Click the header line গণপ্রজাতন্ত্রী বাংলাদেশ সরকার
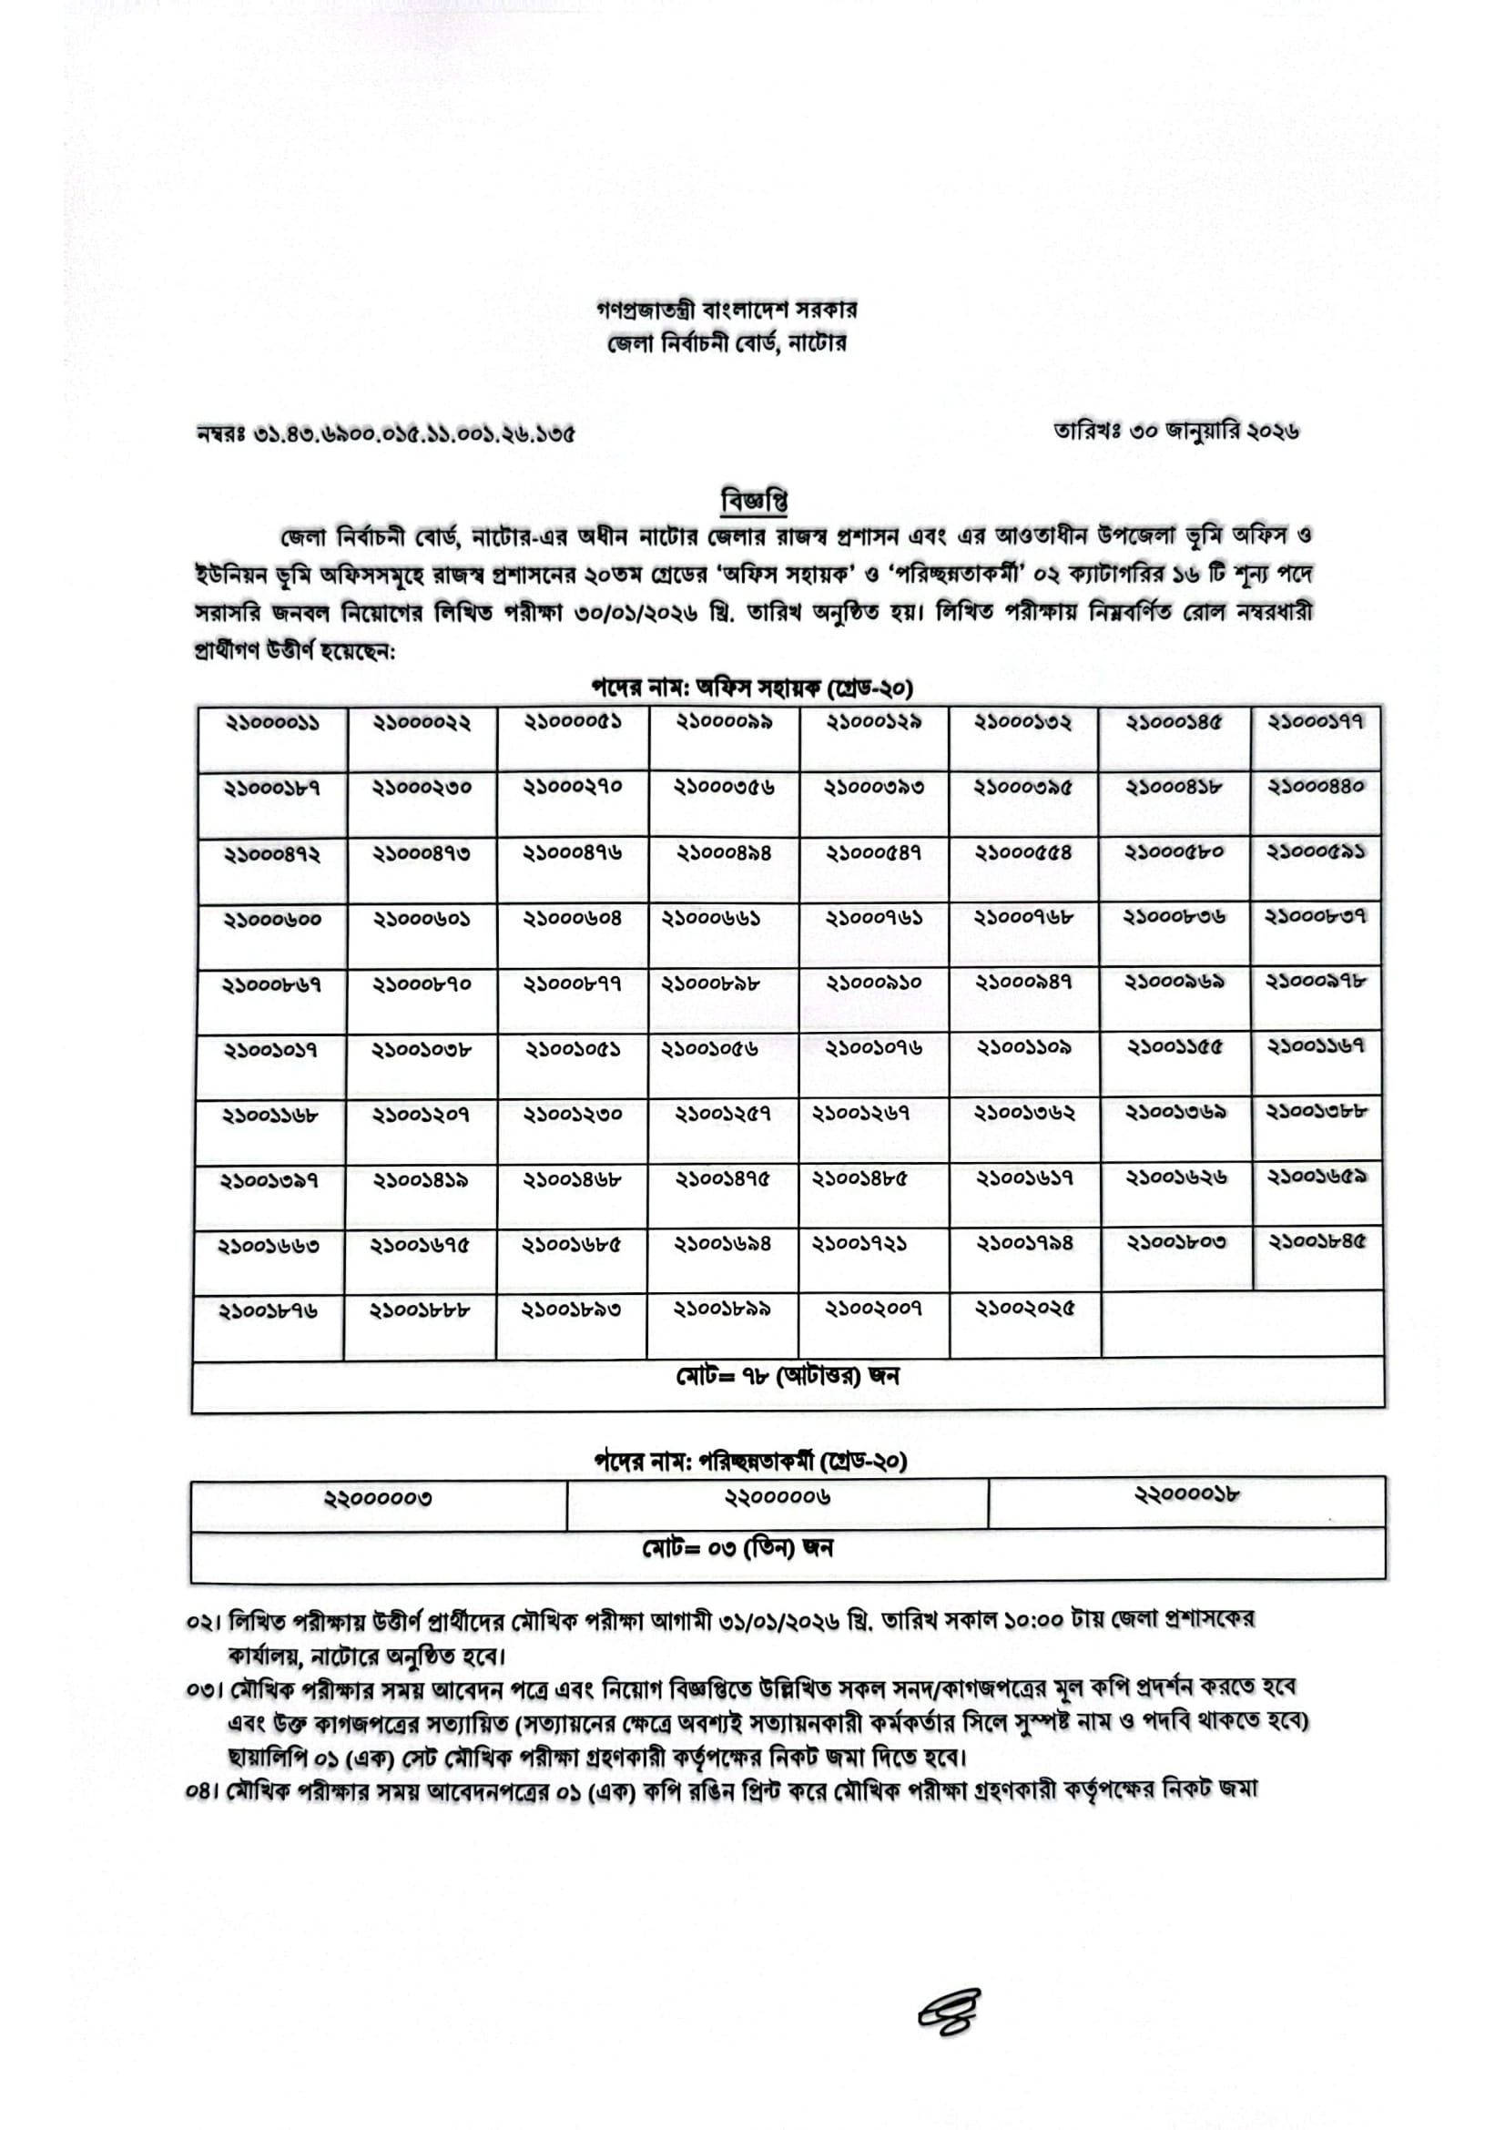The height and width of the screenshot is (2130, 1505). (726, 309)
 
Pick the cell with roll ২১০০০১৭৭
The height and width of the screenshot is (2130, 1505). (1315, 722)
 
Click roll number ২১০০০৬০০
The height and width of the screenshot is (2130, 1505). (272, 920)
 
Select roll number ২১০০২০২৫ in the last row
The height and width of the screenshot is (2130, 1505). (1024, 1309)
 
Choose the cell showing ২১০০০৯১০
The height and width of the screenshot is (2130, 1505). (873, 983)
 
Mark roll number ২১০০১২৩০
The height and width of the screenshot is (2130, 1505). (572, 1114)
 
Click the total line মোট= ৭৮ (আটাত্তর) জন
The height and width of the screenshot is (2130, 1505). (788, 1376)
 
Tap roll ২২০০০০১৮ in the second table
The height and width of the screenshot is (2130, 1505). (1187, 1494)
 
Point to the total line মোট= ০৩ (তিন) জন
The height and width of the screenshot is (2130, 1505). (737, 1548)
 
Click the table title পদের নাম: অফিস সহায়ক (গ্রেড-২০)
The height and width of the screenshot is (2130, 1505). (752, 688)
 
